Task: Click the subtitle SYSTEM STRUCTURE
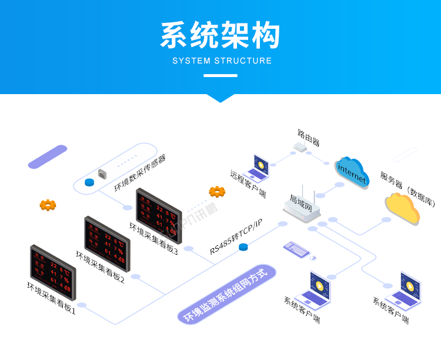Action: pos(222,61)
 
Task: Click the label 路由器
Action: pos(308,136)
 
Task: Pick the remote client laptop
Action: pos(258,169)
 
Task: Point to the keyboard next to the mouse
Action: pos(296,249)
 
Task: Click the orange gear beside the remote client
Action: pos(217,192)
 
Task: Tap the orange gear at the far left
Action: pos(48,205)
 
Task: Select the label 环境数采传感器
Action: pos(139,174)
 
